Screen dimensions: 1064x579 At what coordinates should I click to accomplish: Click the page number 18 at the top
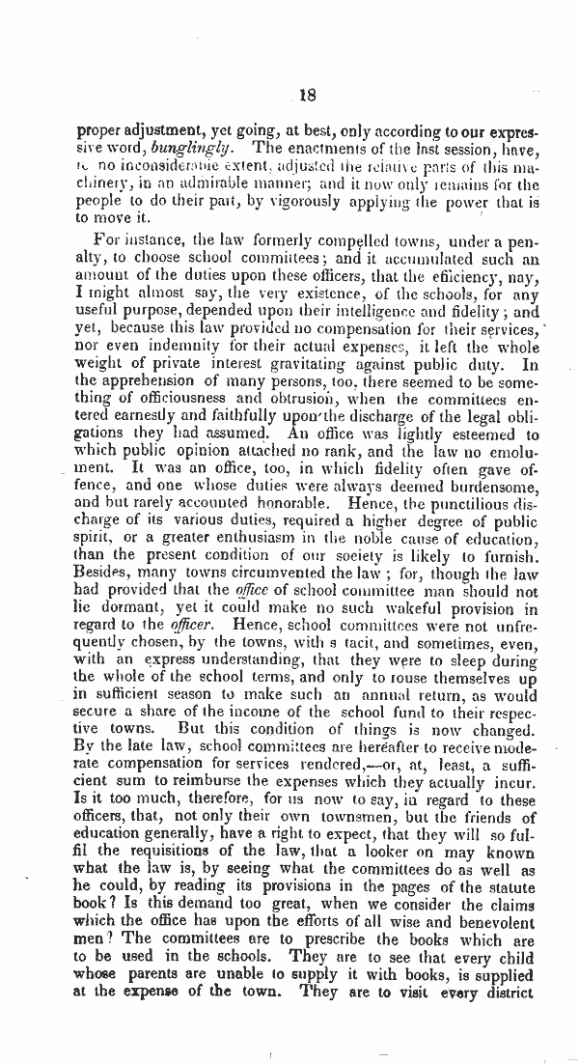click(x=308, y=95)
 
